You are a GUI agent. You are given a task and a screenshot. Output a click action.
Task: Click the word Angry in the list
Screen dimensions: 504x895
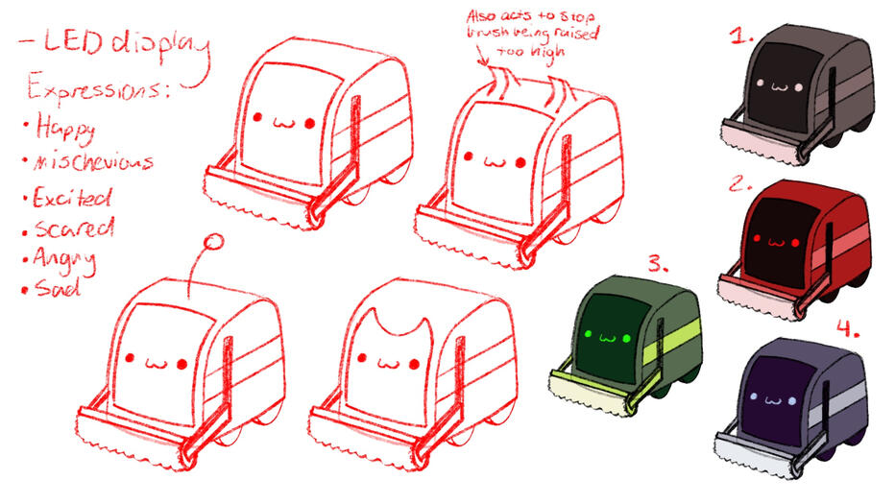coord(66,259)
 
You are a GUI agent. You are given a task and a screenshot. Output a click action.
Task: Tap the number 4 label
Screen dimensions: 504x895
coord(847,329)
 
